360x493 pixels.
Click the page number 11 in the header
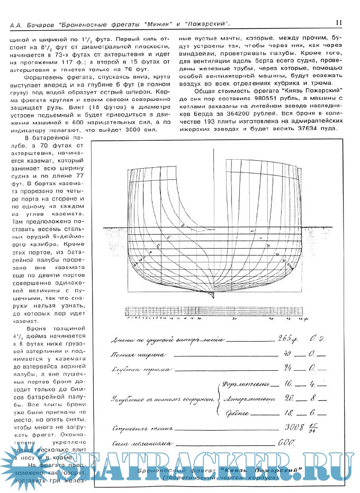(338, 22)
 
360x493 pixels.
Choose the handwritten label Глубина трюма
(140, 369)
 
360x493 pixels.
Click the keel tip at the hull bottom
(213, 295)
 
